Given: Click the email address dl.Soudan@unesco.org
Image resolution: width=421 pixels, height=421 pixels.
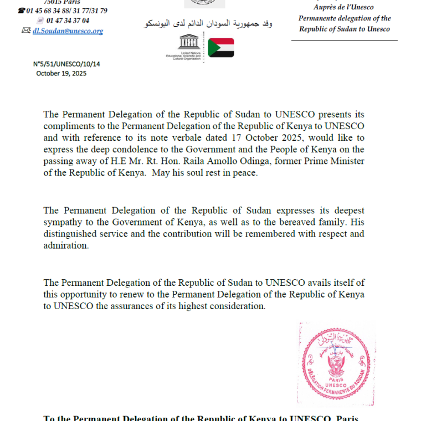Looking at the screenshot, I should (68, 31).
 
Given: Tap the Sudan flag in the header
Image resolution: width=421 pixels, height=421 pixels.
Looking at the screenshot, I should (220, 48).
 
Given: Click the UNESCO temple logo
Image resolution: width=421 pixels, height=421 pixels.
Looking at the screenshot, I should (184, 41).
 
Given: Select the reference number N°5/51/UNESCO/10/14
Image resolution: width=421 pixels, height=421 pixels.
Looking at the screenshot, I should (66, 64).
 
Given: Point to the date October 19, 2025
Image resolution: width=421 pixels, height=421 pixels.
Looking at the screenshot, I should (61, 73).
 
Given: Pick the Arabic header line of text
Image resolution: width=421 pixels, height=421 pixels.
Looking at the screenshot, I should (208, 24).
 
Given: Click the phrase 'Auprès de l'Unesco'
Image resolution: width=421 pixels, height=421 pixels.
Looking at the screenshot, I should (343, 7).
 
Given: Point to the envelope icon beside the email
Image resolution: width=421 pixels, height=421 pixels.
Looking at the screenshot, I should (25, 31).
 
